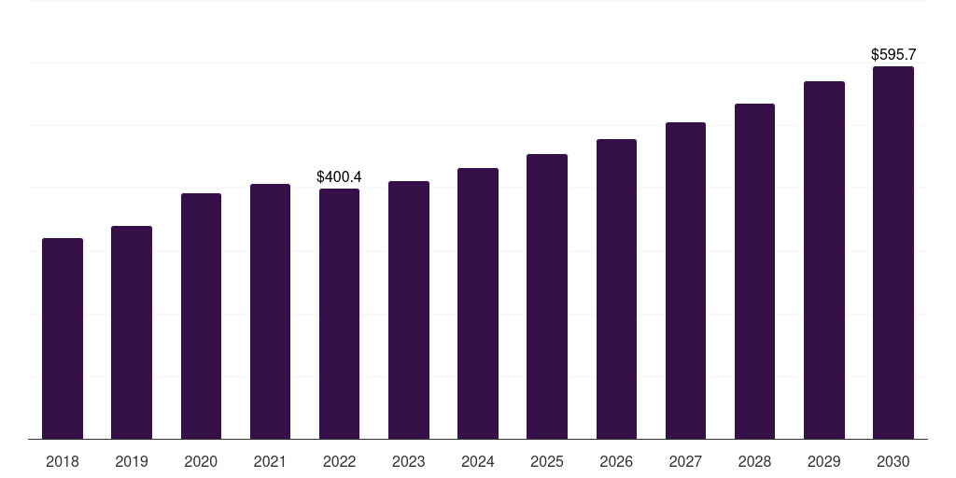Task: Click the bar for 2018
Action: (x=63, y=338)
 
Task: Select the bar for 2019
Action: (x=132, y=332)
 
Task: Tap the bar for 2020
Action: (x=201, y=316)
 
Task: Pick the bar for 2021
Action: (x=270, y=311)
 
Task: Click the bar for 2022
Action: (x=339, y=314)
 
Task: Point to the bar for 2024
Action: (x=478, y=303)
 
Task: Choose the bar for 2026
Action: (x=616, y=288)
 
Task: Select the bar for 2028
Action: (x=754, y=271)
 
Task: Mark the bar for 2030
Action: (x=893, y=252)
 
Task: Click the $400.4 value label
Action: (x=339, y=176)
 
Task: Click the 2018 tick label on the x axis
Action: (x=63, y=461)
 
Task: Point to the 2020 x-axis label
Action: (x=201, y=461)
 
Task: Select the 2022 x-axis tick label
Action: (x=339, y=461)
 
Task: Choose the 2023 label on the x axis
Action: (x=409, y=461)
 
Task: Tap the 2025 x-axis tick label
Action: (x=547, y=461)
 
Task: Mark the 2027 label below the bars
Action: (x=685, y=461)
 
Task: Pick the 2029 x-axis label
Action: (x=824, y=461)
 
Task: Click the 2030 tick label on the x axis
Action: (x=893, y=461)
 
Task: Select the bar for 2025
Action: (x=547, y=296)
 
